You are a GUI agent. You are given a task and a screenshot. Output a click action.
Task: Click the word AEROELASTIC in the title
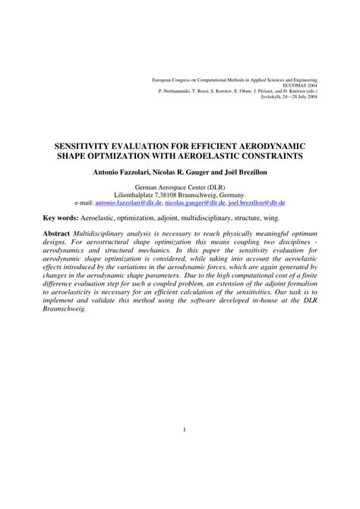[x=214, y=155]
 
